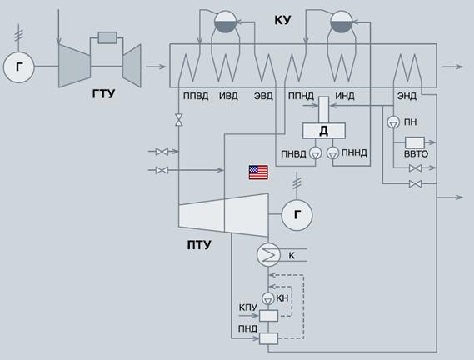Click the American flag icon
pyautogui.click(x=258, y=172)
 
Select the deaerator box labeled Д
pyautogui.click(x=324, y=131)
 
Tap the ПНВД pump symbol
pyautogui.click(x=316, y=153)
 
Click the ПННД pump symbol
pyautogui.click(x=333, y=153)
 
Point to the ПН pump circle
pyautogui.click(x=393, y=122)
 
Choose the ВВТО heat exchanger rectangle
pyautogui.click(x=415, y=142)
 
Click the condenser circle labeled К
pyautogui.click(x=268, y=255)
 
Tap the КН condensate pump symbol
pyautogui.click(x=268, y=298)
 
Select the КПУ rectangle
pyautogui.click(x=268, y=316)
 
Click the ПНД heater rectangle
pyautogui.click(x=268, y=338)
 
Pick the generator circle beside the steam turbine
pyautogui.click(x=297, y=215)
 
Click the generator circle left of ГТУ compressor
pyautogui.click(x=18, y=67)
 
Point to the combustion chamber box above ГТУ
pyautogui.click(x=107, y=37)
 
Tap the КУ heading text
pyautogui.click(x=282, y=20)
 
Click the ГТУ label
pyautogui.click(x=103, y=94)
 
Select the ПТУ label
pyautogui.click(x=199, y=245)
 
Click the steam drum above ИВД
pyautogui.click(x=226, y=22)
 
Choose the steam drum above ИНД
pyautogui.click(x=342, y=22)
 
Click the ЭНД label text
pyautogui.click(x=407, y=96)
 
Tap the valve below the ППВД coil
pyautogui.click(x=179, y=120)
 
